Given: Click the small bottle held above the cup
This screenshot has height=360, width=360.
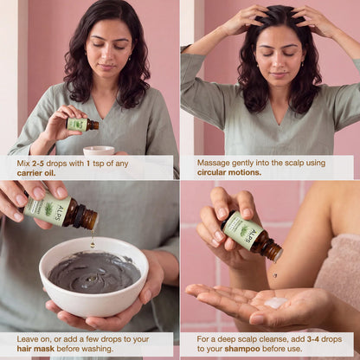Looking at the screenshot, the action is tap(82, 125).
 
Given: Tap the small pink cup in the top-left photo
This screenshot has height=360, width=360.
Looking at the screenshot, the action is tap(99, 151).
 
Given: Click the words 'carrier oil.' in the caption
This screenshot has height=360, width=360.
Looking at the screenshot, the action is tap(36, 173).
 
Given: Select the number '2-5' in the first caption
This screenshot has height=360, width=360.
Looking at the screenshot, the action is tap(38, 164).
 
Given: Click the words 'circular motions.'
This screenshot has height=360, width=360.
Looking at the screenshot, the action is tap(229, 172).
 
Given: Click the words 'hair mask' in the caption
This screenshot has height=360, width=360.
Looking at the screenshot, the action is tap(35, 349).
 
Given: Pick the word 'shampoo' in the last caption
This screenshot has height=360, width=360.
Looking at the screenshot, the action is tap(242, 349).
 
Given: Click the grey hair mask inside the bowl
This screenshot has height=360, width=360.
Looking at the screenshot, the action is tap(94, 272).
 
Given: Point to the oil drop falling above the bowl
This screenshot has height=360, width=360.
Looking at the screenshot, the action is tap(93, 244).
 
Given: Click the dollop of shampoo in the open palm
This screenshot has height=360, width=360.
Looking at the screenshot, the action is tap(275, 302).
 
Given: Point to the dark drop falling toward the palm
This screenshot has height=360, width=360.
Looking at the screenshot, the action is tap(275, 275).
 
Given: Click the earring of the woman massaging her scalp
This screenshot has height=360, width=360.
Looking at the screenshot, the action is tap(302, 63).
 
